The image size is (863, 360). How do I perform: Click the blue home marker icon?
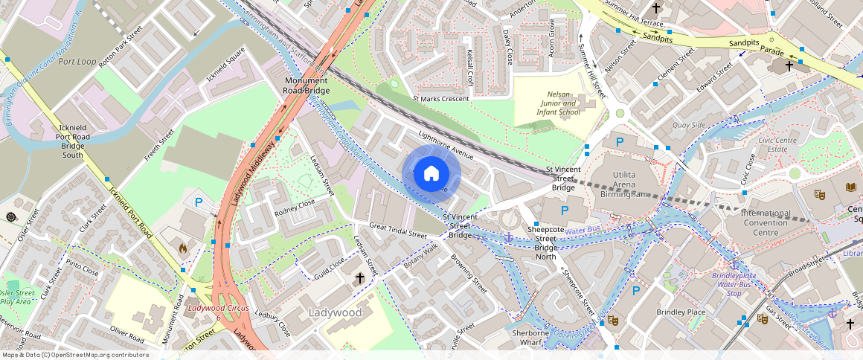click(431, 174)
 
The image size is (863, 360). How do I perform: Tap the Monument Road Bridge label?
click(306, 86)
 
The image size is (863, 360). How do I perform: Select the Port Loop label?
click(77, 62)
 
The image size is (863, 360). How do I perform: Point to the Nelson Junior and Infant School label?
click(558, 103)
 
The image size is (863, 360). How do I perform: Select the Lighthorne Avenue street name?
click(446, 146)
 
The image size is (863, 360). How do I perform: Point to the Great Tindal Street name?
click(398, 230)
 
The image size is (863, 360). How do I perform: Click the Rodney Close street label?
click(295, 208)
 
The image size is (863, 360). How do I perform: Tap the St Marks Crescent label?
click(441, 98)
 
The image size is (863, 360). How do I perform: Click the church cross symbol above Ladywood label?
click(359, 278)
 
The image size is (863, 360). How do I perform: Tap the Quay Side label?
click(688, 125)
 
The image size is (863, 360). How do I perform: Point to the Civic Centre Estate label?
click(777, 144)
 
